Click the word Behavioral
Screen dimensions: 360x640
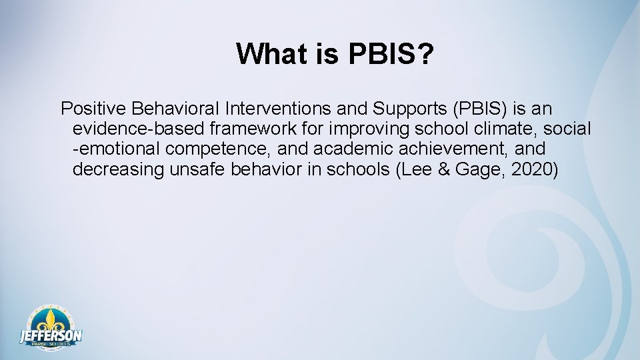175,108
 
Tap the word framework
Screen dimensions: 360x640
245,129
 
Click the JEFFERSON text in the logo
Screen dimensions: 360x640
51,335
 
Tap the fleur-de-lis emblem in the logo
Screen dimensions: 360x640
50,319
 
